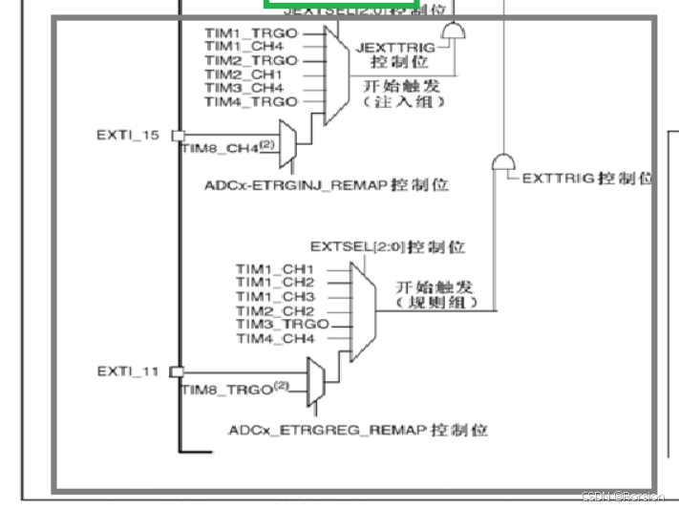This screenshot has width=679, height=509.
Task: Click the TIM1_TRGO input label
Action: (x=251, y=32)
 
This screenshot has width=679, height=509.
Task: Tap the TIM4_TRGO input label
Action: (x=251, y=101)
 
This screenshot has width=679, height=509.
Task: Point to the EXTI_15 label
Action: (x=128, y=135)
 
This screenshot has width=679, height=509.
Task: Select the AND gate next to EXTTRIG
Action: (x=503, y=162)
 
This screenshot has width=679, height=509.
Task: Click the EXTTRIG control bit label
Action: (x=587, y=179)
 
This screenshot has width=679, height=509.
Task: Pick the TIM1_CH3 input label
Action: (x=275, y=296)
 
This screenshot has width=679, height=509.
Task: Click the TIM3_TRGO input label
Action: (x=282, y=324)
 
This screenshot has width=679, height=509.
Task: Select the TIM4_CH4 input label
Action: (x=275, y=338)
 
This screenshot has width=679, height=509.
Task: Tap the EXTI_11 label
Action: (x=128, y=371)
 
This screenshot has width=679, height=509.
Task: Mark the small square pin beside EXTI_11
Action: (x=176, y=371)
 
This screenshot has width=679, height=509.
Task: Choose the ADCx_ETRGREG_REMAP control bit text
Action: (x=357, y=431)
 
